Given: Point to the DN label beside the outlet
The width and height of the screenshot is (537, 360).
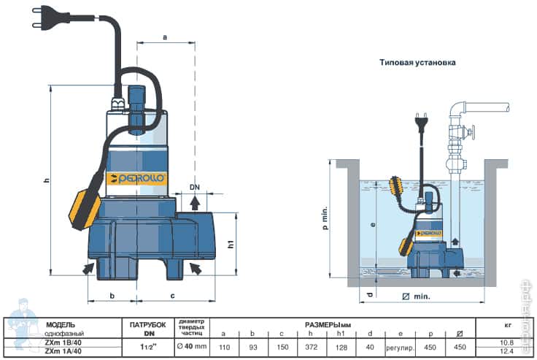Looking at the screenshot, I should tap(195, 187).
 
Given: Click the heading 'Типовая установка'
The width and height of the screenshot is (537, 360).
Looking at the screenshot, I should tap(417, 63).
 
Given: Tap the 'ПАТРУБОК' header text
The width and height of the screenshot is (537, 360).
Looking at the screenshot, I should tap(148, 323).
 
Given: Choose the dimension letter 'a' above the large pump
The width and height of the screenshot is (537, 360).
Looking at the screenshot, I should tap(166, 36).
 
